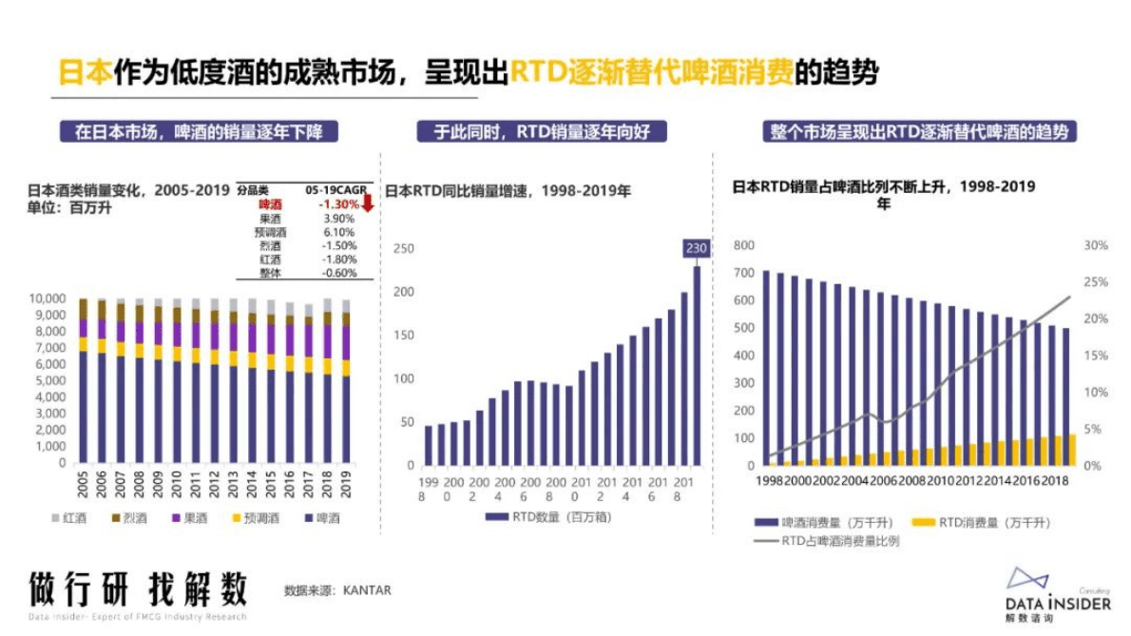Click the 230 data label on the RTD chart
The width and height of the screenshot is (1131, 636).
point(697,249)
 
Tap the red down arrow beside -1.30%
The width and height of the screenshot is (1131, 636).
point(368,202)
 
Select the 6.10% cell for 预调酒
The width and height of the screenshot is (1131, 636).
point(339,232)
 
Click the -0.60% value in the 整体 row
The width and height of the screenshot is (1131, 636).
point(339,273)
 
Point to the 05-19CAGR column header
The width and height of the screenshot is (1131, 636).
point(338,190)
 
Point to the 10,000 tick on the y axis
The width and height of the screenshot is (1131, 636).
point(47,299)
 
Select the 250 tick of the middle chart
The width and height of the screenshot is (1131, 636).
point(405,248)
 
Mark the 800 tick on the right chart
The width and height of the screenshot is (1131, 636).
point(744,245)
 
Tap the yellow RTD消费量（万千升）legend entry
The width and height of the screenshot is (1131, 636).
point(987,523)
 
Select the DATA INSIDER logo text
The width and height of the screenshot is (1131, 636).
point(1056,604)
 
